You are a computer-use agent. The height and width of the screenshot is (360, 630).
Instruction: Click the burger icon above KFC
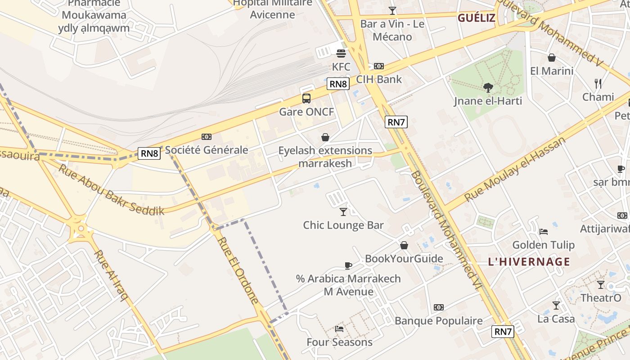(341, 54)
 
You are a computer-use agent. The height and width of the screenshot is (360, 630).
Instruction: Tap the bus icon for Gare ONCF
(306, 98)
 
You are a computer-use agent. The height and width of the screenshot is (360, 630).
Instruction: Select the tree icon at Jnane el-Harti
(488, 87)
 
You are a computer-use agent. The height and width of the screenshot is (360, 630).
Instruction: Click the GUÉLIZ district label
(477, 18)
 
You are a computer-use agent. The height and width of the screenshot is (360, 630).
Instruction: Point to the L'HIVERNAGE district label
(529, 262)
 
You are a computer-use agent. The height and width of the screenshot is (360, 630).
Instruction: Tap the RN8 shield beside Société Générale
(149, 153)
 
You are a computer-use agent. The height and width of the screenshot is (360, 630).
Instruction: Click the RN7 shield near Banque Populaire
(503, 332)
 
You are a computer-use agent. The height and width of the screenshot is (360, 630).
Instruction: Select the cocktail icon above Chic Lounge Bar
(343, 211)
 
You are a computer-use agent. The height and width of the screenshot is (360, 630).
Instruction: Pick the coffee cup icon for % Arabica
(348, 265)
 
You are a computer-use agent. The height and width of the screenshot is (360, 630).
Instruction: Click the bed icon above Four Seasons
(339, 329)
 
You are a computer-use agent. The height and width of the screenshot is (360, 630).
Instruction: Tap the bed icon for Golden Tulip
(544, 232)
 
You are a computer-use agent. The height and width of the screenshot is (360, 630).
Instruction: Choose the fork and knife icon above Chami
(598, 83)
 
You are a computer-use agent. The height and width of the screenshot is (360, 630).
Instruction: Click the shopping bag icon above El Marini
(551, 58)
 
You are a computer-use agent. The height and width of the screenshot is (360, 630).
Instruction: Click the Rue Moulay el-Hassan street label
(515, 170)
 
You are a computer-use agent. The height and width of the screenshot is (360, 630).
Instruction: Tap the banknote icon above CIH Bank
(379, 66)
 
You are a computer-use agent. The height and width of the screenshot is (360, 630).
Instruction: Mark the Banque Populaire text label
(438, 321)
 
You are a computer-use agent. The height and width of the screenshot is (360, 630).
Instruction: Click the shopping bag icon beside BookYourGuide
(404, 245)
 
